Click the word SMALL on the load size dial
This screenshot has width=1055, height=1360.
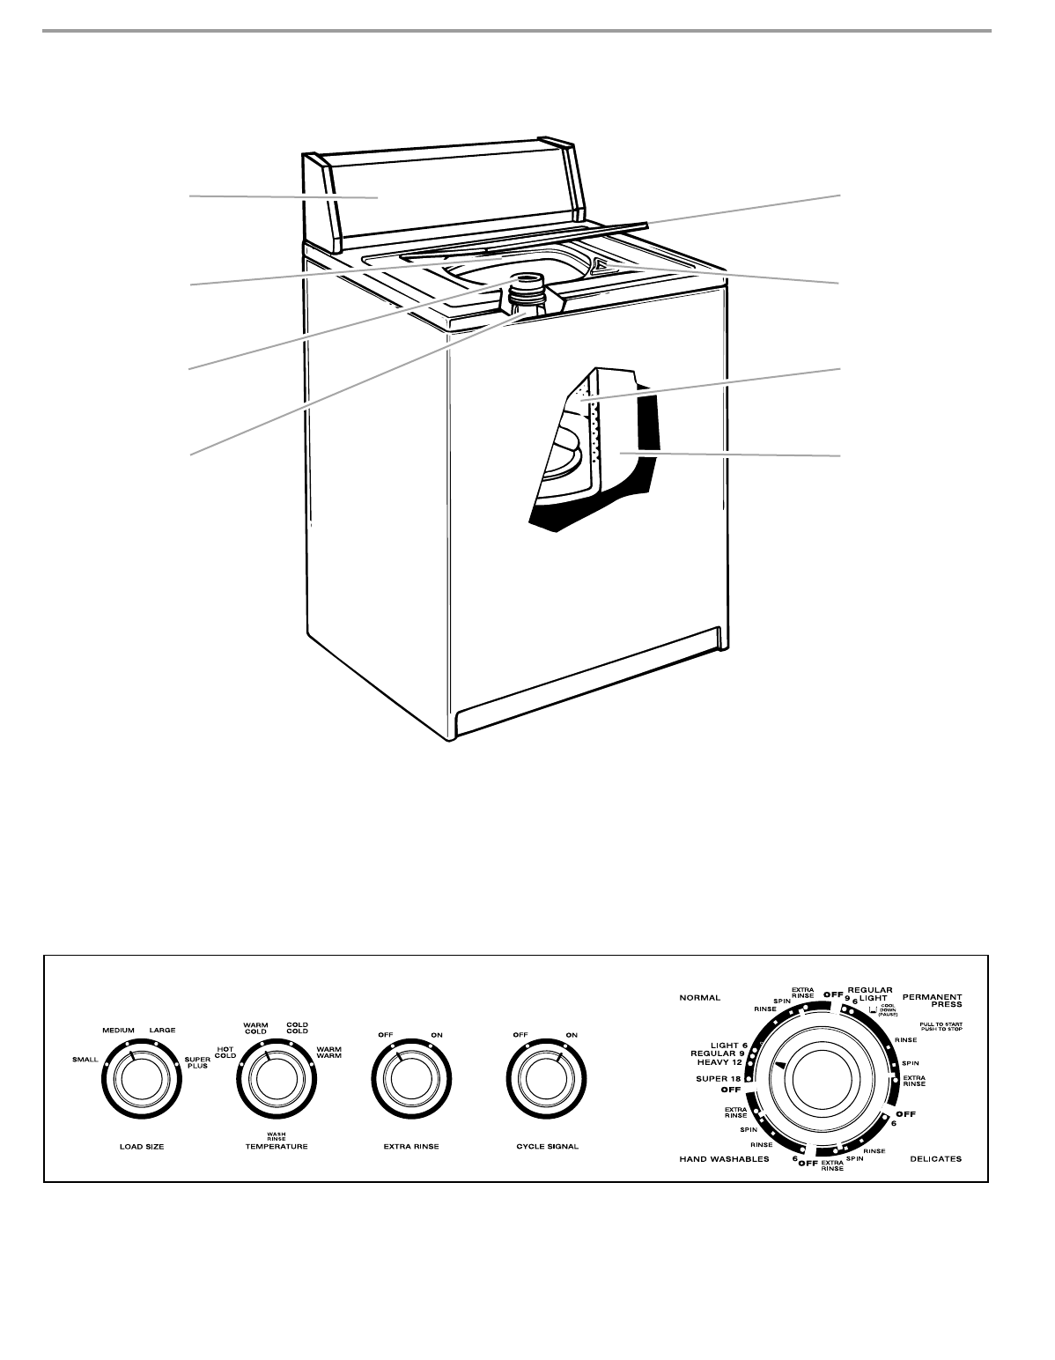85,1059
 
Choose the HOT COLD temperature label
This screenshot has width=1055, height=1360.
225,1052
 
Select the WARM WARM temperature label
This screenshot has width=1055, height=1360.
328,1052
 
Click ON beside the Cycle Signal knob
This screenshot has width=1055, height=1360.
572,1035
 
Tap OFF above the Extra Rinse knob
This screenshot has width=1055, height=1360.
385,1035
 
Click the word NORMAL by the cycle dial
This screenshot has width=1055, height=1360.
700,998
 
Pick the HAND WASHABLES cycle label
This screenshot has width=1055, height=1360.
724,1159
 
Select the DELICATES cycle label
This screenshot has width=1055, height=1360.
935,1159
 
